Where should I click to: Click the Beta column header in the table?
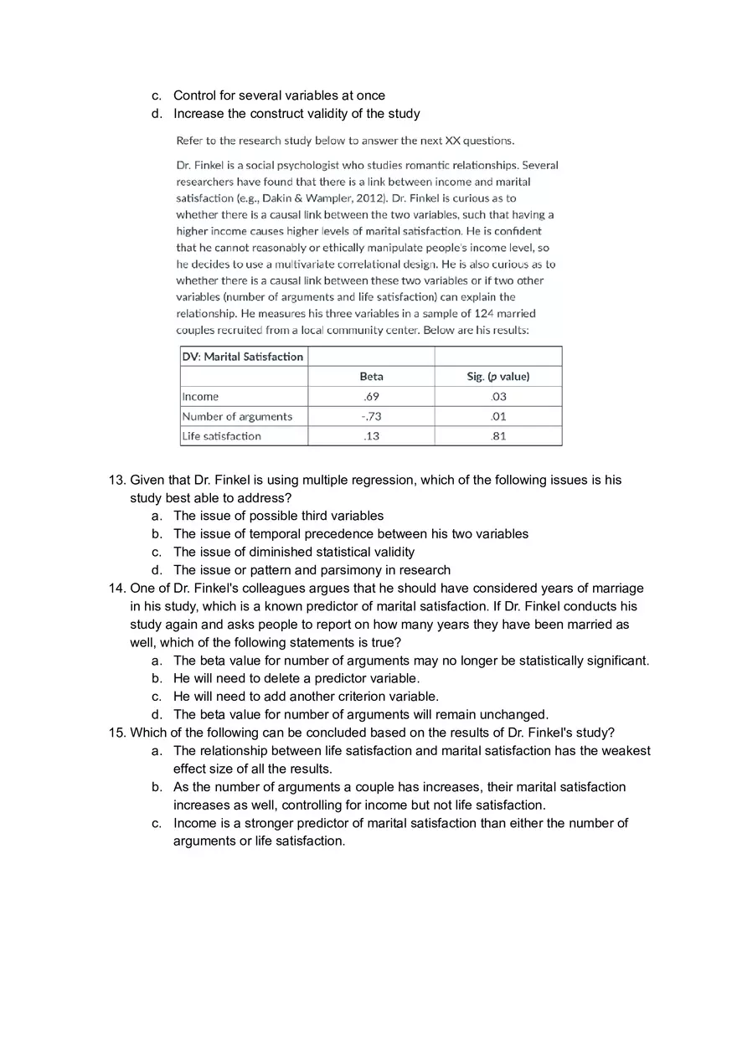click(371, 377)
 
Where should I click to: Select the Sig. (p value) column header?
click(497, 377)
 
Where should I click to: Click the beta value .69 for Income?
click(371, 397)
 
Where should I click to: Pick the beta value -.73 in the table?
click(371, 416)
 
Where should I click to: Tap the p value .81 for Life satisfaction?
click(497, 436)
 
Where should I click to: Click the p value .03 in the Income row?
click(497, 397)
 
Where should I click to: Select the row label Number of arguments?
click(237, 416)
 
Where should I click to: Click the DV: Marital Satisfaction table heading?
click(243, 357)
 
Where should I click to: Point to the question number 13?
click(117, 480)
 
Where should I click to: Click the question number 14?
click(117, 588)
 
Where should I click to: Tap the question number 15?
click(117, 733)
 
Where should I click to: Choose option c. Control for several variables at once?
click(279, 95)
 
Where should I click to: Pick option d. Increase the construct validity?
click(296, 114)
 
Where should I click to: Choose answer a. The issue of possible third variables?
click(278, 516)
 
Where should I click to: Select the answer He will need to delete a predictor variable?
click(296, 678)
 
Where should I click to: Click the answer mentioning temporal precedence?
click(350, 534)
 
